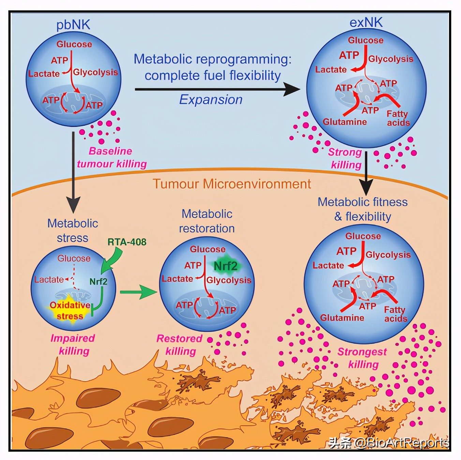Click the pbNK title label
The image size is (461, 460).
[73, 25]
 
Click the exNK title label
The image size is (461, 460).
[366, 22]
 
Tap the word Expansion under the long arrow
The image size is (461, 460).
[211, 99]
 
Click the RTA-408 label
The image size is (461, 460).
[127, 242]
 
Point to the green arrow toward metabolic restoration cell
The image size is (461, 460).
[138, 292]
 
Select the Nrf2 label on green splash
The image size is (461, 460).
[225, 265]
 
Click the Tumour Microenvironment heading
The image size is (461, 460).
[232, 184]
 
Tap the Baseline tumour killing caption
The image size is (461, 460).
[111, 157]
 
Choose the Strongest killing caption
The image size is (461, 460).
[362, 358]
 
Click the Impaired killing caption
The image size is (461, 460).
[73, 344]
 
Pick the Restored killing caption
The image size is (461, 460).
[180, 345]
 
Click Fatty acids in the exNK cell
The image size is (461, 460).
[398, 118]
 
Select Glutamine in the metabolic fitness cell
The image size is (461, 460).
[342, 318]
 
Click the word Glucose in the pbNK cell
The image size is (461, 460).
[74, 44]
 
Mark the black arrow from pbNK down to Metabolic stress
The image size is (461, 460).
[73, 170]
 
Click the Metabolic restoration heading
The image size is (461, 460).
[207, 221]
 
